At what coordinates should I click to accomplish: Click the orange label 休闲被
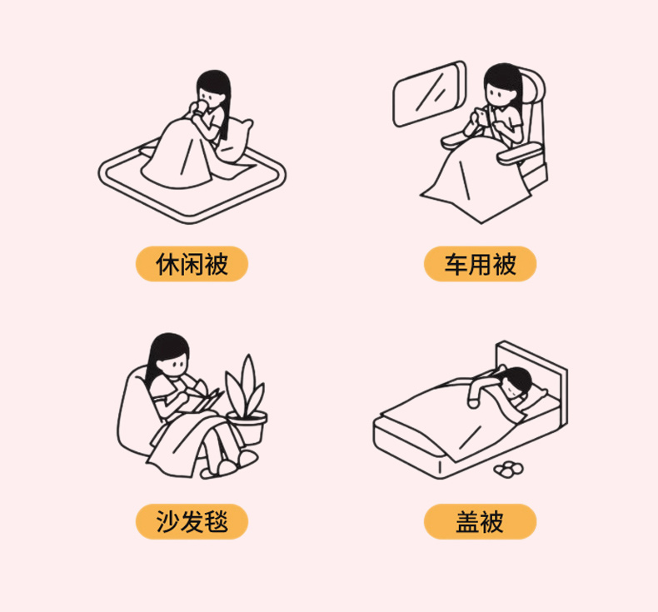coord(192,264)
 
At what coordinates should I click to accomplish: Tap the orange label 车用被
coord(480,264)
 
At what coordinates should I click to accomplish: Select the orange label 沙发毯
coord(192,521)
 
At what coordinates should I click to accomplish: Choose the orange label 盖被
coord(480,521)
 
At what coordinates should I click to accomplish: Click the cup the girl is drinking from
coord(202,107)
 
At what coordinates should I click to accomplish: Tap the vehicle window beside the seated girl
coord(429,93)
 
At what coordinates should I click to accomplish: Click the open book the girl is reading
coord(206,401)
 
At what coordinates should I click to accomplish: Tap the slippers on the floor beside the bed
coord(509,469)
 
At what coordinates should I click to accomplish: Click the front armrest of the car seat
coord(519,153)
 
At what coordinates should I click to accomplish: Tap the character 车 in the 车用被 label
coord(456,264)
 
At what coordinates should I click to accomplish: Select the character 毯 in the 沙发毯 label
coord(216,522)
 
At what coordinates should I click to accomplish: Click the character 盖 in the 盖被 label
coord(468,522)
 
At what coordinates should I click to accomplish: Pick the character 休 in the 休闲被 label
coord(168,264)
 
